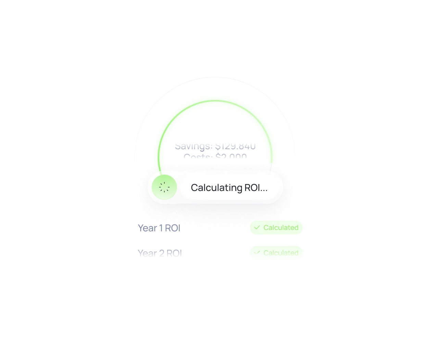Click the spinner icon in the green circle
coord(165,187)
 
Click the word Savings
coord(192,146)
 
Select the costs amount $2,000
coord(231,157)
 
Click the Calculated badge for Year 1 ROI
coord(276,228)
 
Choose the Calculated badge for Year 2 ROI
coord(276,253)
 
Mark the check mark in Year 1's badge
coord(257,227)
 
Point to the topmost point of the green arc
coord(215,101)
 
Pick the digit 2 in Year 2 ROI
coord(162,253)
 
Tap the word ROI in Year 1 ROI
coord(173,228)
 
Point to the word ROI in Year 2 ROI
coord(175,253)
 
